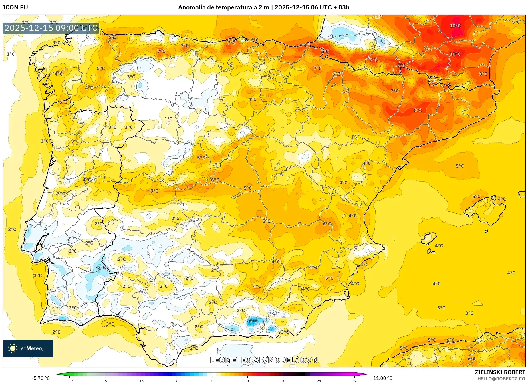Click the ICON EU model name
pos(15,7)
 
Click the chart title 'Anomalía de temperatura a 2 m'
pos(223,7)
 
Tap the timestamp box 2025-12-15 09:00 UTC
pos(51,28)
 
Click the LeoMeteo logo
pos(28,348)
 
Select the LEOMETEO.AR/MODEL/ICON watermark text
pos(264,360)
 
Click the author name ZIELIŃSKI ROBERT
pos(500,372)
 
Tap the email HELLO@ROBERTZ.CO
pos(501,379)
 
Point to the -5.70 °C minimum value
pos(41,378)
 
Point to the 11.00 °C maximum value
pos(383,378)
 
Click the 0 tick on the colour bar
pos(212,381)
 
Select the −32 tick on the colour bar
pos(69,381)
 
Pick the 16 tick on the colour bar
pos(283,381)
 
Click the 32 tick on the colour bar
pos(354,381)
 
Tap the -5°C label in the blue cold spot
pos(252,321)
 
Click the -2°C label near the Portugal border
pos(101,267)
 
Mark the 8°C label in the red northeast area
pos(418,110)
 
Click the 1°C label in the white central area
pos(168,119)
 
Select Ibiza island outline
pos(429,238)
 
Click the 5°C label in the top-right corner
pos(516,22)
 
